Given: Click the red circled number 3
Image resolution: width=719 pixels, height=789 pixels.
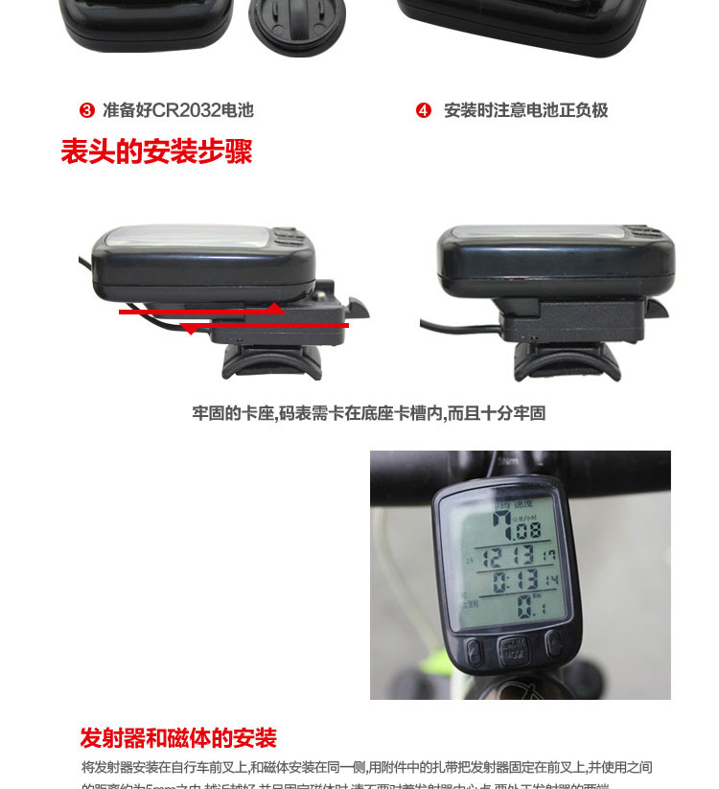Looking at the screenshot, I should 87,111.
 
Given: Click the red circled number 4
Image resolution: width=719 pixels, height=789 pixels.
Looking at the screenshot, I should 424,111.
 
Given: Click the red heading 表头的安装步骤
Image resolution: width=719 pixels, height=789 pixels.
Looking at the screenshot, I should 156,151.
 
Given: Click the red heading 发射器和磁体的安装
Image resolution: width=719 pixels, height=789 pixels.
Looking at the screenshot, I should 178,738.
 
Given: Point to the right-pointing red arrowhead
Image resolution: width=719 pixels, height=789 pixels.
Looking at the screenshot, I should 275,309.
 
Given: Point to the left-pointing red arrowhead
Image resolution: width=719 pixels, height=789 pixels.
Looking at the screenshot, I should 190,329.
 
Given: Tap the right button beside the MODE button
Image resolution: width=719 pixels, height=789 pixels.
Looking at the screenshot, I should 553,642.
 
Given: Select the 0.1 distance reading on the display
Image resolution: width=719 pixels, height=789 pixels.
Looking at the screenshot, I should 526,605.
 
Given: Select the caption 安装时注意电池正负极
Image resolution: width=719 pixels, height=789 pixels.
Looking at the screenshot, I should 525,111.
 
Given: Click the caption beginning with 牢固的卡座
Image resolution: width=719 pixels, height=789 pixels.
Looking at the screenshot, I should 368,414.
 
